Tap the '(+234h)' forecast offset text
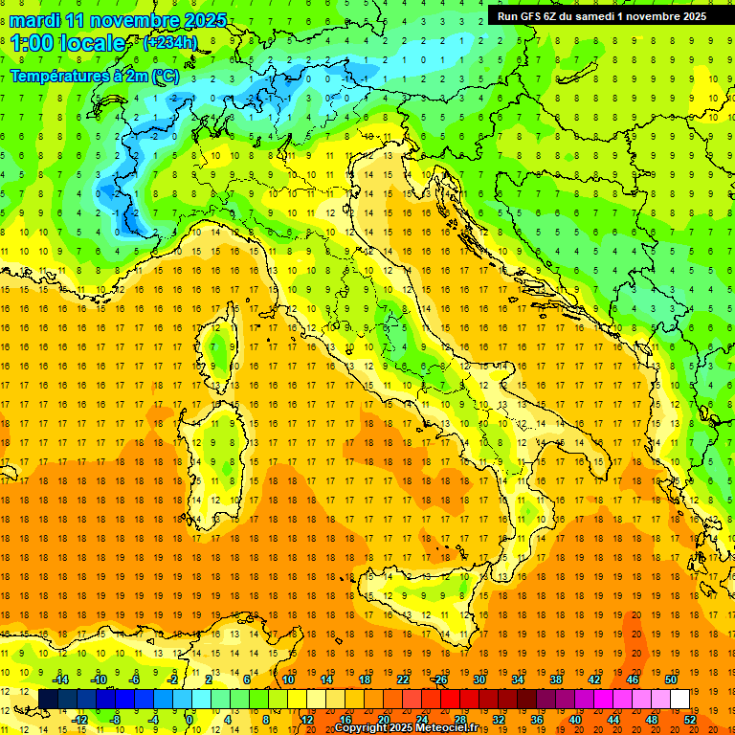pos(170,42)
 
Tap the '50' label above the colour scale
pos(670,679)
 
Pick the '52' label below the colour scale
pos(690,719)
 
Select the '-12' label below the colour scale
pos(79,719)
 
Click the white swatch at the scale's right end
pos(680,699)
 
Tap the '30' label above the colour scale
pos(479,679)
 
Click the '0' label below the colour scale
pos(189,719)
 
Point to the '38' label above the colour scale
pos(555,679)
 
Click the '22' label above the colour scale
pos(402,679)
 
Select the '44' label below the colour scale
pos(613,719)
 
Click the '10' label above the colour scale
pos(287,679)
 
